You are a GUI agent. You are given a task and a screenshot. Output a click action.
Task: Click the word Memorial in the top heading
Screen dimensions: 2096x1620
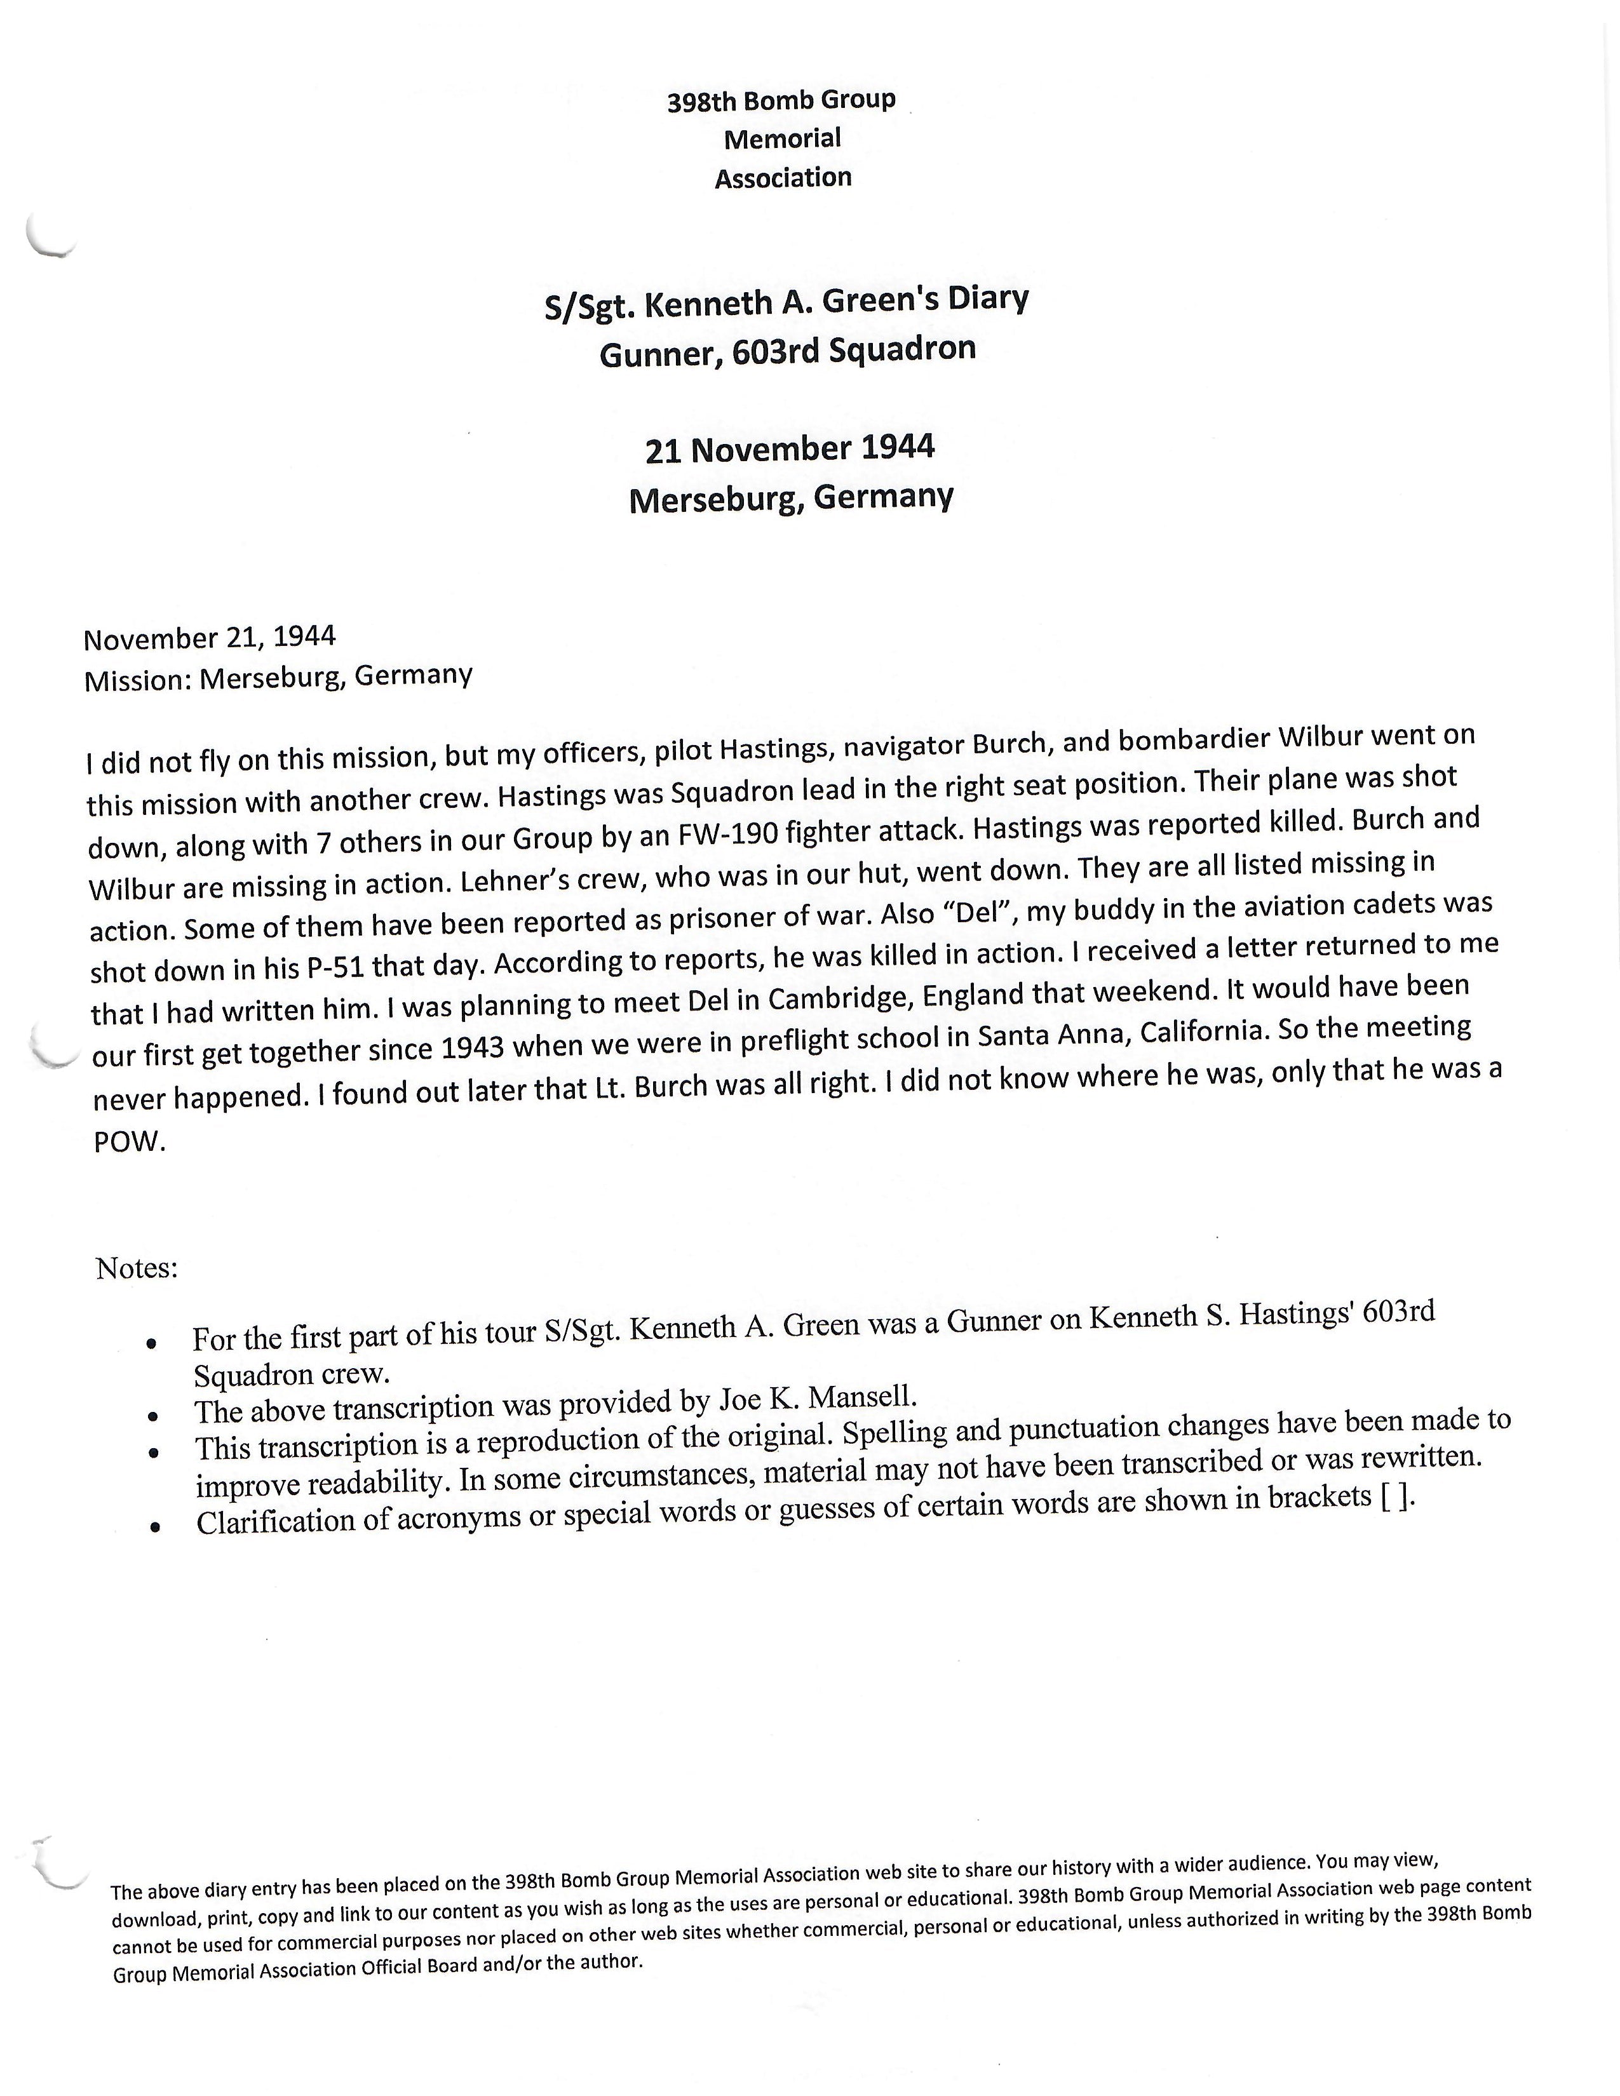782,139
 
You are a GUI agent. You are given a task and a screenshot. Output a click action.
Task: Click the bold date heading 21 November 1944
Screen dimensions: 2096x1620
789,449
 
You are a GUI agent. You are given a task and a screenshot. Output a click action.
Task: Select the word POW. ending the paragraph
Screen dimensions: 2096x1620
130,1142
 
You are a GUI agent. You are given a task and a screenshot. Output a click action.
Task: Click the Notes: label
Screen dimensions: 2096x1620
137,1269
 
